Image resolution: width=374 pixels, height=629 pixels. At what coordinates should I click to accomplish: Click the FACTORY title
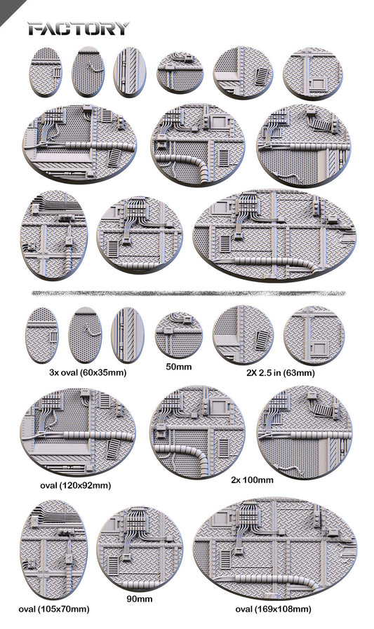point(79,29)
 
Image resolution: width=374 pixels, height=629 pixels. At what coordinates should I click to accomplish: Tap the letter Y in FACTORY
point(121,29)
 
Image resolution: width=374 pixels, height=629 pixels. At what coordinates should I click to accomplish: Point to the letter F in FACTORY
point(35,29)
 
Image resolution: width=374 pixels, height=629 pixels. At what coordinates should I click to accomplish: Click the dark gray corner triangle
point(7,7)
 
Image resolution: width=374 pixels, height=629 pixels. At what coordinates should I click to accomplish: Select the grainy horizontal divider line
point(188,293)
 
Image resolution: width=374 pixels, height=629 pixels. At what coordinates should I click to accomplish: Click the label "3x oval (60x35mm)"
point(88,372)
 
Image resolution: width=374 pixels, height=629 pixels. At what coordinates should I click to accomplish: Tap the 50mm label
point(179,367)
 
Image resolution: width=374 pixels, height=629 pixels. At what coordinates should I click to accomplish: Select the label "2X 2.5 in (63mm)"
point(281,373)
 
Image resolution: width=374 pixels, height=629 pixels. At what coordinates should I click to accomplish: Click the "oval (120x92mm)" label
point(76,485)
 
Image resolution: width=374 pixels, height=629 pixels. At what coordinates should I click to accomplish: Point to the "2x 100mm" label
point(252,480)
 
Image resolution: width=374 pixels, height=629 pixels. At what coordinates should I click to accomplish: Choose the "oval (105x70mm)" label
point(54,609)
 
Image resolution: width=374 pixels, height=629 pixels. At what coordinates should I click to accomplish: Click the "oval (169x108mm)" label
point(273,609)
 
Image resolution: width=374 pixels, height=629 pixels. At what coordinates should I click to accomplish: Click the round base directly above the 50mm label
point(179,335)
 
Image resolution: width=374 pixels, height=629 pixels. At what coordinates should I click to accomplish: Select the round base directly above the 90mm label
point(140,548)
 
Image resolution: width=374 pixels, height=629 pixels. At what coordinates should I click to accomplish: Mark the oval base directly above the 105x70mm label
point(54,550)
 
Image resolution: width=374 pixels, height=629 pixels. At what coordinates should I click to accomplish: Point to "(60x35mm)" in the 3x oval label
point(103,372)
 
